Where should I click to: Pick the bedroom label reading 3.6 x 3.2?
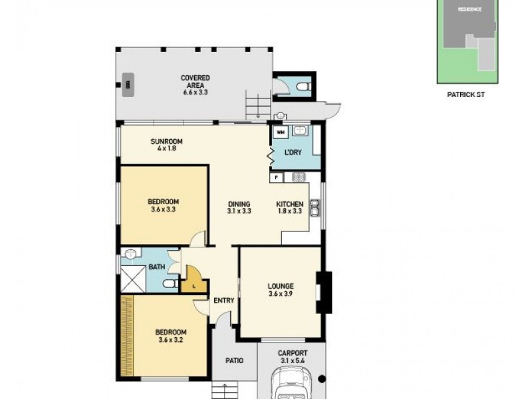tap(171, 336)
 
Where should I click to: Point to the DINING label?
tap(239, 207)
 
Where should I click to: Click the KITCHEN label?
tap(290, 207)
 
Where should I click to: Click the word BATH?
tap(157, 267)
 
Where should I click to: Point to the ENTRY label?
tap(224, 301)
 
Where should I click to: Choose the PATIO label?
tap(233, 360)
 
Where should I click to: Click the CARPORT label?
tap(293, 357)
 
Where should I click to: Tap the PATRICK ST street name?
tap(466, 95)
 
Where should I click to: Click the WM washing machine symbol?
tap(279, 132)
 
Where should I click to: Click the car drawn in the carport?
tap(293, 386)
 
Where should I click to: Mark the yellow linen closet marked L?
tap(193, 280)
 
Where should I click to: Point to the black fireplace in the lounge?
tap(324, 293)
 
